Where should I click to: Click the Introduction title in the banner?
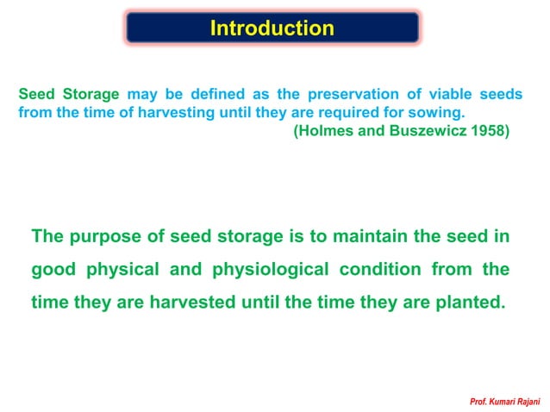tap(272, 28)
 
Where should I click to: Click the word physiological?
tap(266, 270)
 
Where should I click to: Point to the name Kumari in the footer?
tap(494, 402)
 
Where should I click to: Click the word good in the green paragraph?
tap(53, 270)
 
